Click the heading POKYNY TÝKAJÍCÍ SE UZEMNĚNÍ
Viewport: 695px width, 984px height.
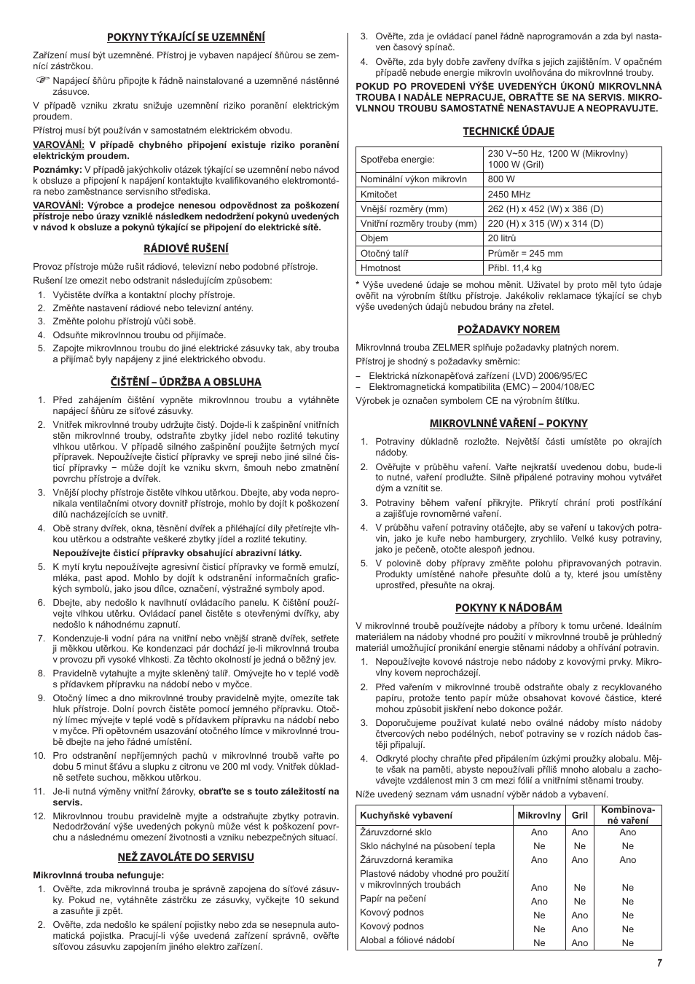[186, 37]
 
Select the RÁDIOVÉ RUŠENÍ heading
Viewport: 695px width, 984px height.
[186, 249]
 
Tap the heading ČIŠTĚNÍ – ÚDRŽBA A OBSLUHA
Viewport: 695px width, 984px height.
[186, 382]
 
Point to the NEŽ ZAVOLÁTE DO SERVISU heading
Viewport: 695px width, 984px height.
[186, 857]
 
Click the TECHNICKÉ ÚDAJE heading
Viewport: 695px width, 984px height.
[509, 131]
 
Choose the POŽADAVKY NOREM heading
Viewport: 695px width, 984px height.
[509, 329]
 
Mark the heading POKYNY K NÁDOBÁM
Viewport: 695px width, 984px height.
[509, 608]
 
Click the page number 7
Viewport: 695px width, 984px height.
[659, 963]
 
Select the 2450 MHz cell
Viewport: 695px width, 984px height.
[509, 195]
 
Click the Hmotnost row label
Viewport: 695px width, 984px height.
[381, 268]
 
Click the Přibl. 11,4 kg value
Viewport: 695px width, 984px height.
[514, 268]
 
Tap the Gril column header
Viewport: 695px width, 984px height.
[579, 816]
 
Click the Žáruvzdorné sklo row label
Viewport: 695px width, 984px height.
[396, 832]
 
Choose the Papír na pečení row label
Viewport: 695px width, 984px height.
[393, 899]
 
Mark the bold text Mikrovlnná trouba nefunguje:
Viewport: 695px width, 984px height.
[98, 875]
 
